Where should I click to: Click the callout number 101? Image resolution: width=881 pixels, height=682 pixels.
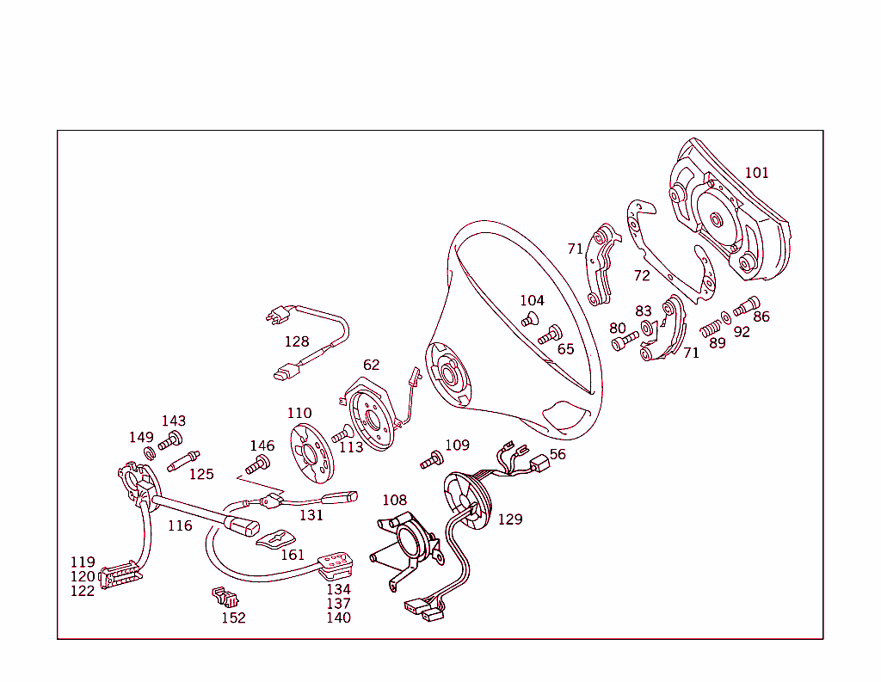click(x=756, y=173)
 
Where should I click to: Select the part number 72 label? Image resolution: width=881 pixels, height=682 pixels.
click(x=642, y=276)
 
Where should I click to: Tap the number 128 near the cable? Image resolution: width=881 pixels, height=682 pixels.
click(x=297, y=341)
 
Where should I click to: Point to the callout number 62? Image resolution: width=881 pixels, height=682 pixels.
click(x=371, y=366)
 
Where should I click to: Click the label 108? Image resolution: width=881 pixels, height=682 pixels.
click(x=394, y=500)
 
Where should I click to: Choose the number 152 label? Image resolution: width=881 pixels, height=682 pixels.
click(x=233, y=617)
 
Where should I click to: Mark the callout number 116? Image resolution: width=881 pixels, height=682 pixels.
click(x=180, y=525)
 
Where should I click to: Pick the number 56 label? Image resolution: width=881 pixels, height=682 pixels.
click(x=558, y=454)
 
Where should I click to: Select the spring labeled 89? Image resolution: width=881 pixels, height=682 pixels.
click(x=710, y=328)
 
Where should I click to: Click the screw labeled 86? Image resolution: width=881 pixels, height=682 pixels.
click(x=745, y=304)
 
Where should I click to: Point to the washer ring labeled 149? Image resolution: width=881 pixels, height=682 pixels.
click(x=149, y=453)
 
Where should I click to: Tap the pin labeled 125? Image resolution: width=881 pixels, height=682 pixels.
click(x=184, y=461)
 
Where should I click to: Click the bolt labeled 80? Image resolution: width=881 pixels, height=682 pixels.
click(x=625, y=342)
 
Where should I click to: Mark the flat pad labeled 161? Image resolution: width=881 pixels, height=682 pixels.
click(x=280, y=538)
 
